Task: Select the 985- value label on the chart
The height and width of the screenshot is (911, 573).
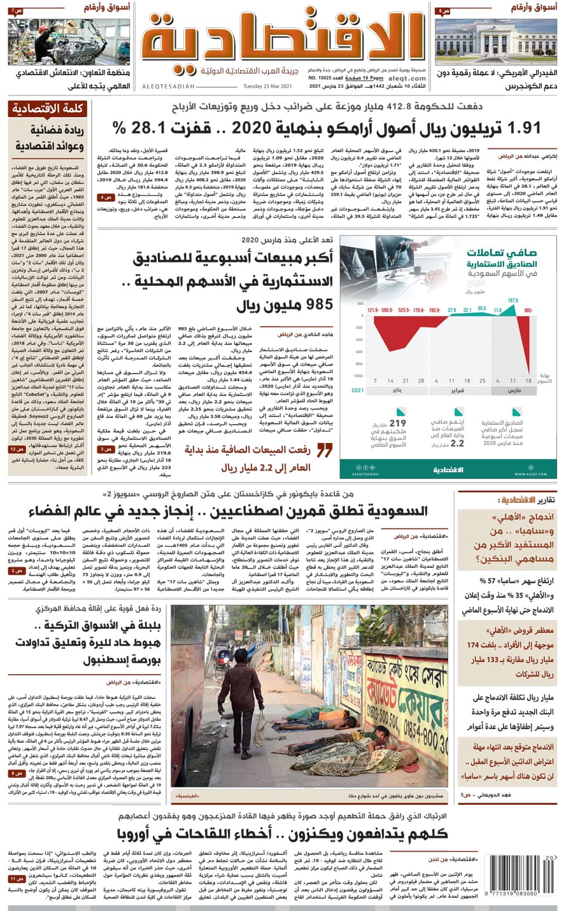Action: (528, 310)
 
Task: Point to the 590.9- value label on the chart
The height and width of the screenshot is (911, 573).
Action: (388, 310)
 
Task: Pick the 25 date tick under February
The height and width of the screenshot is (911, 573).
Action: (483, 381)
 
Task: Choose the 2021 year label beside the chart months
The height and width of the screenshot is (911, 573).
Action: (358, 390)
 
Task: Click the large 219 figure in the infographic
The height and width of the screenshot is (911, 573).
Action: (397, 423)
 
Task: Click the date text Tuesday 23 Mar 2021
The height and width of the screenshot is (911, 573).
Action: (267, 87)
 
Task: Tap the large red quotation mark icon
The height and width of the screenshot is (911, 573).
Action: (324, 451)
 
